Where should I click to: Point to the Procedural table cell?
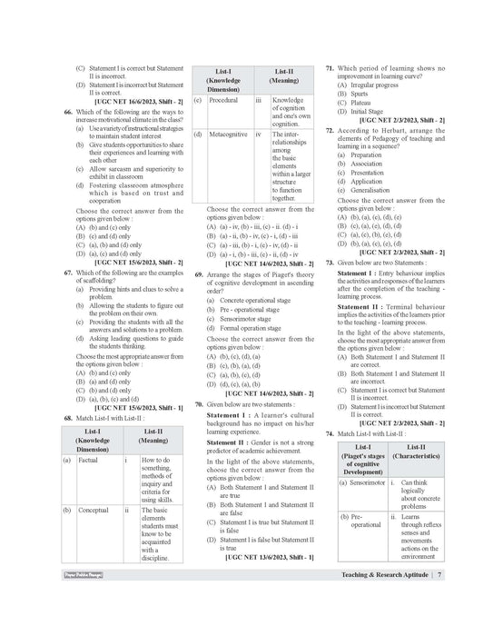coord(222,100)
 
